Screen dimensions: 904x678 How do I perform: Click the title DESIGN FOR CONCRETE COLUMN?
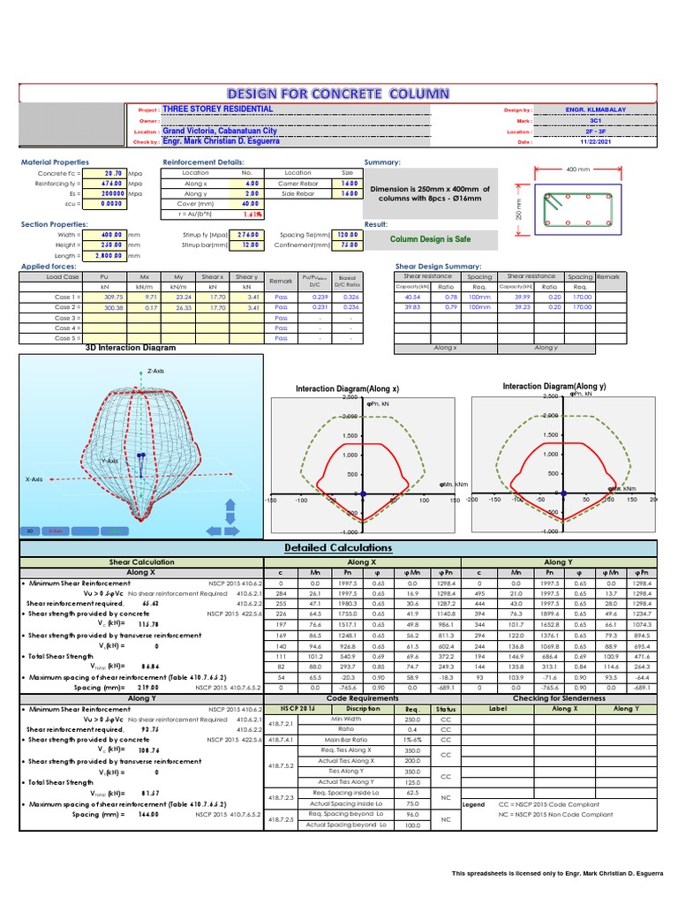point(339,94)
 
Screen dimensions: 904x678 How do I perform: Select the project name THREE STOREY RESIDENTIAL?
point(218,109)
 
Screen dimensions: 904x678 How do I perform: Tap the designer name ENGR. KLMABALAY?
point(594,109)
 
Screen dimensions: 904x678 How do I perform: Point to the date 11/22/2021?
point(594,141)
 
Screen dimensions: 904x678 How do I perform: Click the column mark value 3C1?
point(594,120)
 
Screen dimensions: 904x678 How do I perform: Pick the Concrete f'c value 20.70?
point(113,173)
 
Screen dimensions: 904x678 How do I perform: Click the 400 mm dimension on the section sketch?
point(577,169)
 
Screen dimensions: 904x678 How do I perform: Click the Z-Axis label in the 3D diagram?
point(157,371)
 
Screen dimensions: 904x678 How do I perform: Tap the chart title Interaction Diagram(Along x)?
point(347,388)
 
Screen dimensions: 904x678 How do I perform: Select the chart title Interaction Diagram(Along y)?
point(554,387)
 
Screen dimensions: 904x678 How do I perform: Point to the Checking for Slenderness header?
point(559,697)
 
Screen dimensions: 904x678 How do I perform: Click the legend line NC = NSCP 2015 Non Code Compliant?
point(555,814)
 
